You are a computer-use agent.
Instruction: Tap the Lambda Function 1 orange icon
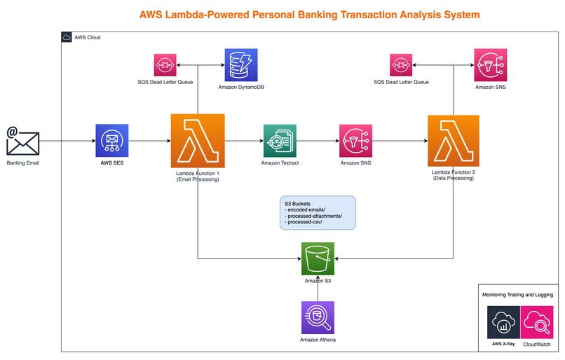(198, 141)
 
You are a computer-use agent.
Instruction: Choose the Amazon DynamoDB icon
(241, 65)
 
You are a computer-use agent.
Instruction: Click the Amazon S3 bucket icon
(318, 258)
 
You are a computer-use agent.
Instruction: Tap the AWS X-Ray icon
(505, 323)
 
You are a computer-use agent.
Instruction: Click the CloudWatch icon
(540, 323)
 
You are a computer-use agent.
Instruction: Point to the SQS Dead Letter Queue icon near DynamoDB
(165, 65)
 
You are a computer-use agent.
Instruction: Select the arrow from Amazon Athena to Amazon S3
(318, 289)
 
